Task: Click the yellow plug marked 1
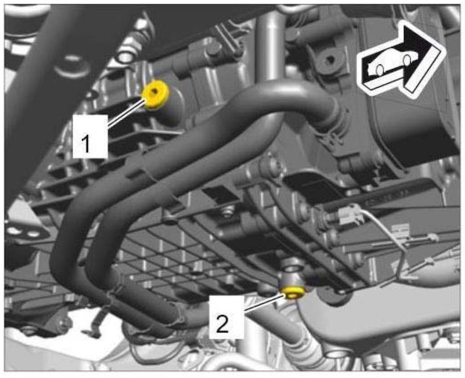[156, 95]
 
